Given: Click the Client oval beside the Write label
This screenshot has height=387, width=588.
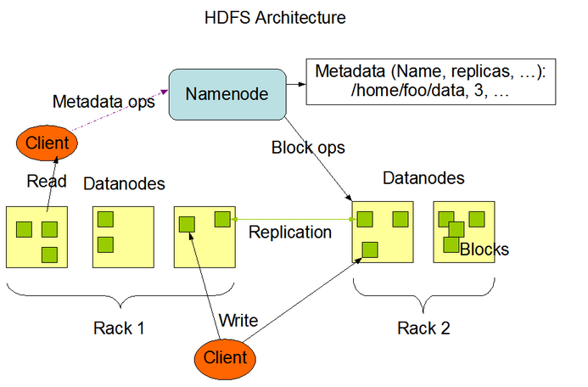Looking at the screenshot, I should coord(225,356).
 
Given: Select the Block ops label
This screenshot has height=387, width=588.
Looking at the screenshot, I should coord(307,148).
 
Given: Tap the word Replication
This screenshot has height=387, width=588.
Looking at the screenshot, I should coord(289,232).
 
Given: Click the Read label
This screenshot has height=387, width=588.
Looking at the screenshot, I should coord(47,181).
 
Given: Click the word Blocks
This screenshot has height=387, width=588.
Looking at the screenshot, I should coord(484,250).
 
